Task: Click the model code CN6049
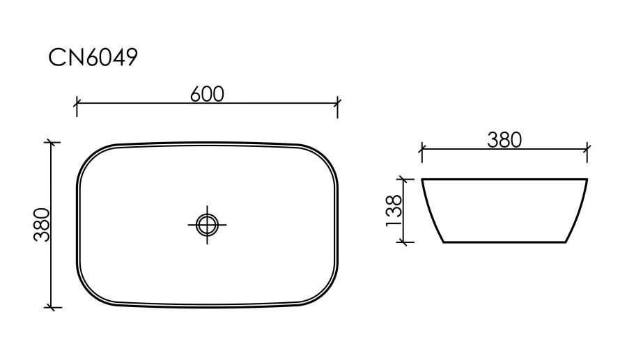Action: pyautogui.click(x=93, y=57)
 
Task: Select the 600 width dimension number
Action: pyautogui.click(x=207, y=94)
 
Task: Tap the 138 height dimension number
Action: pyautogui.click(x=394, y=210)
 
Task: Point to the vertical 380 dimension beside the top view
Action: pyautogui.click(x=42, y=224)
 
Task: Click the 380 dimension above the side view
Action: pyautogui.click(x=504, y=140)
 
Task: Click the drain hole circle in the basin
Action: pyautogui.click(x=207, y=225)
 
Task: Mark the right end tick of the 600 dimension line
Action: pyautogui.click(x=337, y=103)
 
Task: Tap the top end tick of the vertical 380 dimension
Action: pyautogui.click(x=51, y=142)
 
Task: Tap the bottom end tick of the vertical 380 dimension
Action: pyautogui.click(x=51, y=308)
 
